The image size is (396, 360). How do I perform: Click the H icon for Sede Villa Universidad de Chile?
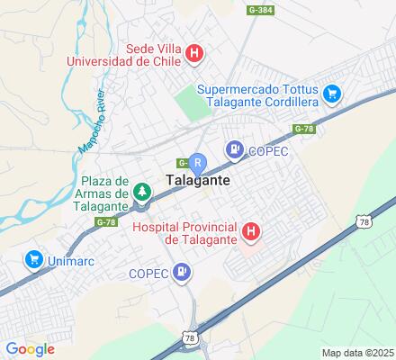coord(193,53)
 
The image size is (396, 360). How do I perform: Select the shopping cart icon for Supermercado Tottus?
coord(332,93)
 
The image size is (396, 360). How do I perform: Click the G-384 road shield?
coord(259,9)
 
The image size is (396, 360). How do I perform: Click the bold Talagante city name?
coord(198,180)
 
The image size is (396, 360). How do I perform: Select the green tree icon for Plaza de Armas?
coord(140,191)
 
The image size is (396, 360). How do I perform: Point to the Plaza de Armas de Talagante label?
coord(94,193)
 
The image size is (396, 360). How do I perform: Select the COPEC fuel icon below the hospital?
coord(183,272)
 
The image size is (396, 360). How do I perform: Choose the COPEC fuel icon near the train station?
coord(234,150)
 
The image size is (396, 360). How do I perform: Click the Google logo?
coord(30,349)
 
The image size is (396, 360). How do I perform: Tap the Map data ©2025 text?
coord(358,352)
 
